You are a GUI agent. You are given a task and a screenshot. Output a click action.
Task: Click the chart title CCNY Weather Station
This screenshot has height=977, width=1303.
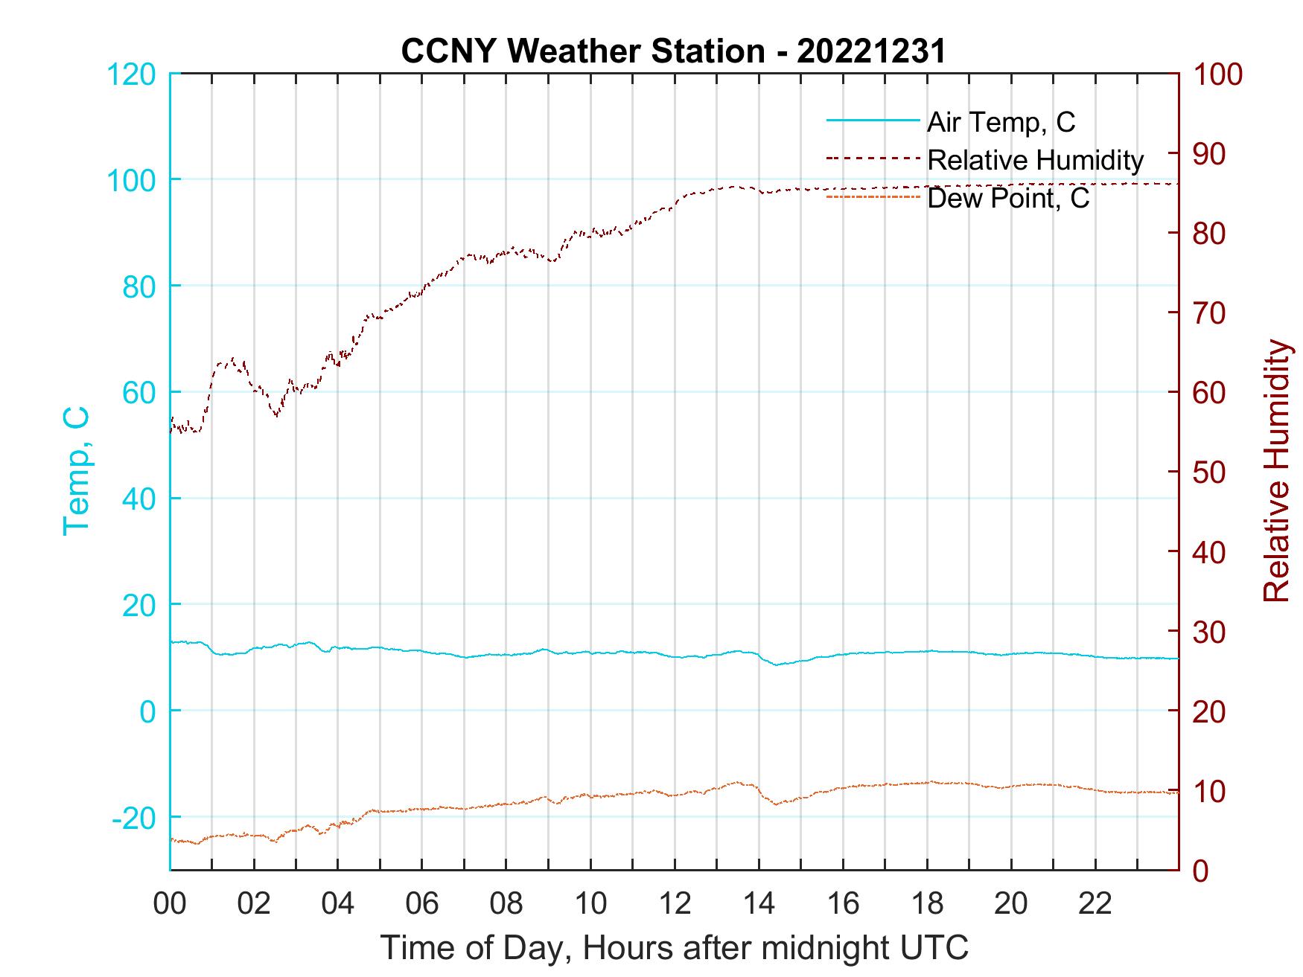pyautogui.click(x=673, y=51)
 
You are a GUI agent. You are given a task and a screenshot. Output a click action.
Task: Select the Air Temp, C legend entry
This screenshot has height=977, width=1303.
pyautogui.click(x=1001, y=122)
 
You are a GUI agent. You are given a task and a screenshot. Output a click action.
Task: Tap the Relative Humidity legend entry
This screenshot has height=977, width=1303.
pyautogui.click(x=1035, y=160)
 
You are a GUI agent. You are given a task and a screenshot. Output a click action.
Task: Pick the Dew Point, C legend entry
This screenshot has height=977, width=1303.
pyautogui.click(x=1008, y=199)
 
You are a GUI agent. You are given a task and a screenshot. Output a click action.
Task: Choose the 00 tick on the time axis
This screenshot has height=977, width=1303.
pyautogui.click(x=170, y=904)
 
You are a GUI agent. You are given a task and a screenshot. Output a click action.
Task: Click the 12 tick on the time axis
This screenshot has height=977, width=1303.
pyautogui.click(x=675, y=904)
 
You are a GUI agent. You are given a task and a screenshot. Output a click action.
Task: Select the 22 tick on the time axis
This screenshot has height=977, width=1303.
pyautogui.click(x=1095, y=904)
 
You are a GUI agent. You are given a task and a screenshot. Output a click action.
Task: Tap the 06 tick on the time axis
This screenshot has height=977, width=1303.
pyautogui.click(x=422, y=904)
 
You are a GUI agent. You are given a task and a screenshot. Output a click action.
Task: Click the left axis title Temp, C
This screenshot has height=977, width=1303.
pyautogui.click(x=76, y=470)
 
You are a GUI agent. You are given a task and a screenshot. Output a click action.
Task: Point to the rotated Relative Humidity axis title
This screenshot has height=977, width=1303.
pyautogui.click(x=1276, y=470)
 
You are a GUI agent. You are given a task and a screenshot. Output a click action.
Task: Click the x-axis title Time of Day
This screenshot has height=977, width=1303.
pyautogui.click(x=675, y=948)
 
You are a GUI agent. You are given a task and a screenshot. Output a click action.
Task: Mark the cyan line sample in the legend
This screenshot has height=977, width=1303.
pyautogui.click(x=873, y=120)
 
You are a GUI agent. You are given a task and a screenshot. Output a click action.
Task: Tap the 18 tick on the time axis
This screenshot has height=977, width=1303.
pyautogui.click(x=927, y=904)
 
